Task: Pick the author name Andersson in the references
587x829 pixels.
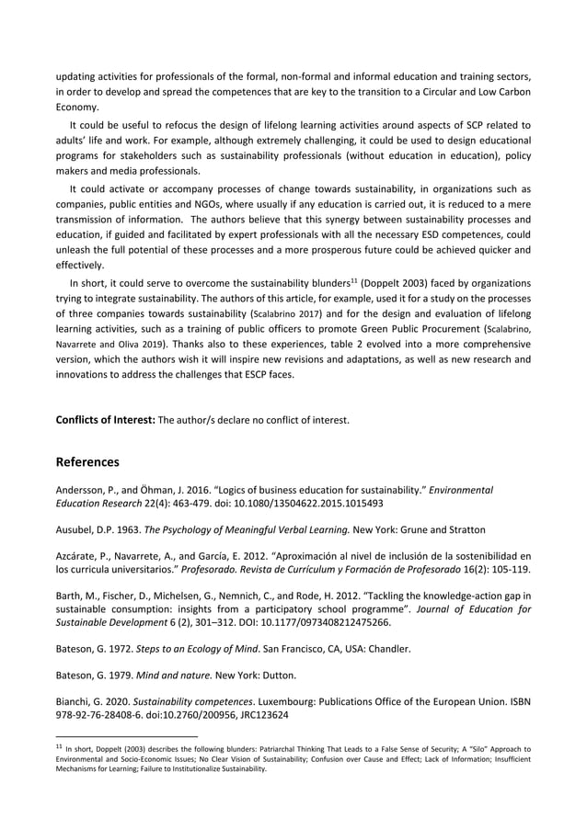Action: [83, 491]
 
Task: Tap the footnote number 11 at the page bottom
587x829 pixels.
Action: [61, 746]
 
